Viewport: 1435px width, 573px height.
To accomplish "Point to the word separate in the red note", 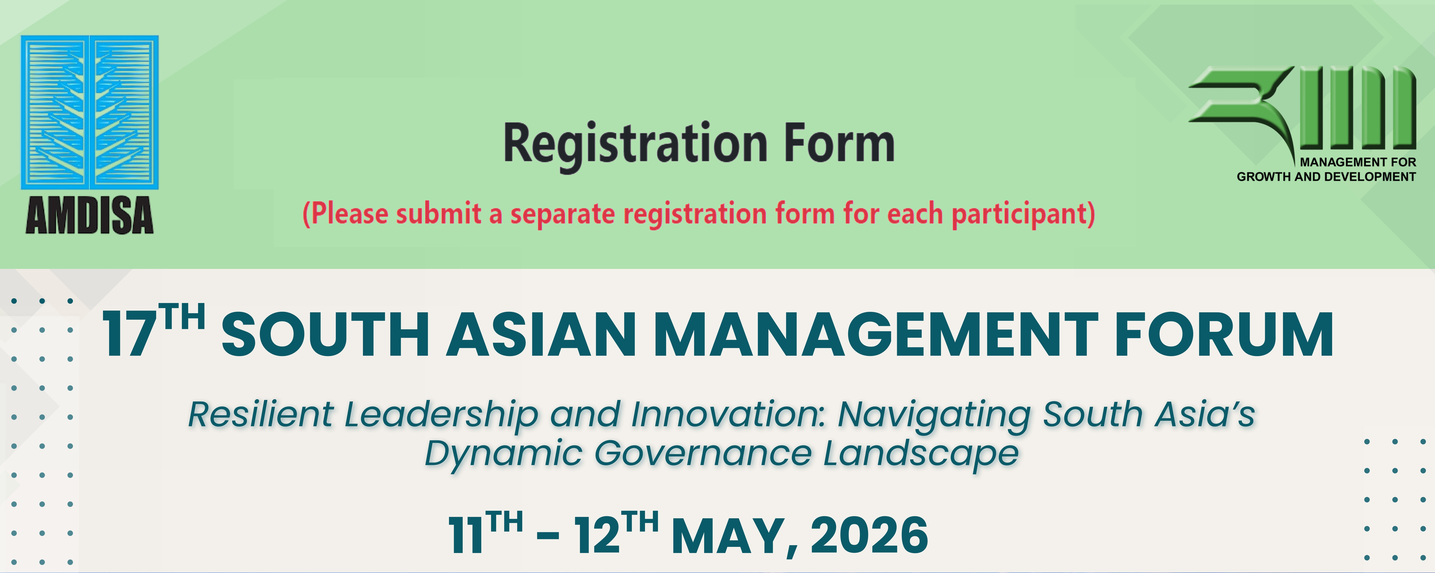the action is pos(563,214).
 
